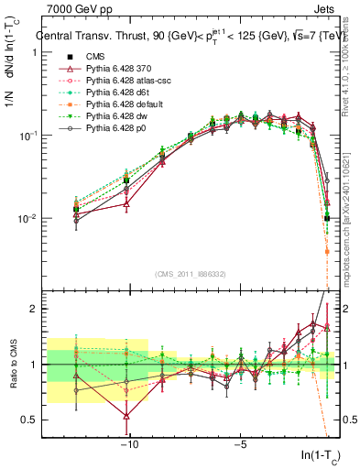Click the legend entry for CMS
click(x=88, y=57)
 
